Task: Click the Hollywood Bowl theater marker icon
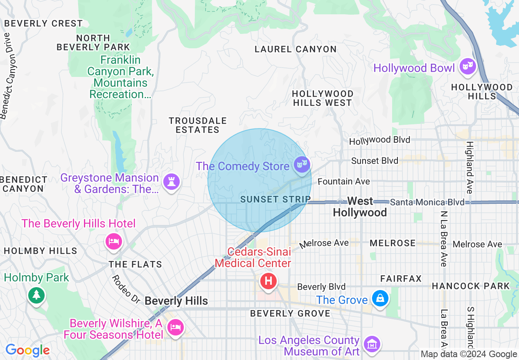(x=467, y=67)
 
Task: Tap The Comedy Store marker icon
(x=302, y=165)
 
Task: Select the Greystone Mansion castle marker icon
(x=171, y=182)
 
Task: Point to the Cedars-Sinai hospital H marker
(x=269, y=281)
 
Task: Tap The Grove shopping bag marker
(x=380, y=299)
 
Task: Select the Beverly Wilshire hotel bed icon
(x=176, y=328)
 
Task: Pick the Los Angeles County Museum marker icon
(x=372, y=344)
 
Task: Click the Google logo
(x=28, y=350)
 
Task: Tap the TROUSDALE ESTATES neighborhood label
(x=198, y=125)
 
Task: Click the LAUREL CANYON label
(x=296, y=49)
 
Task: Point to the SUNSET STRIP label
(x=275, y=199)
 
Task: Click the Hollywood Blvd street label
(x=379, y=140)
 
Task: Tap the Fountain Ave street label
(x=344, y=181)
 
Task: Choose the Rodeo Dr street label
(x=126, y=289)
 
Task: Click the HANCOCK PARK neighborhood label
(x=471, y=286)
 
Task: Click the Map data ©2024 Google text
(x=469, y=354)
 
